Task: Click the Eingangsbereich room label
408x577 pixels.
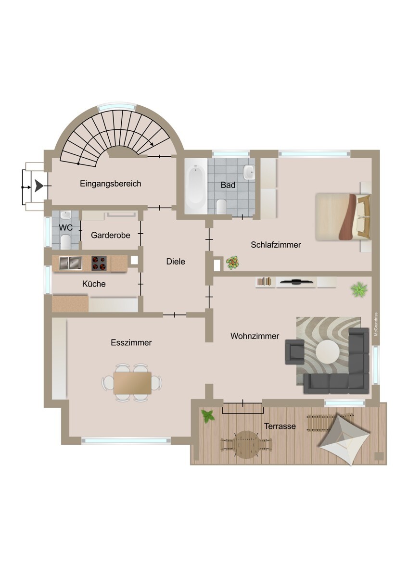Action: tap(110, 184)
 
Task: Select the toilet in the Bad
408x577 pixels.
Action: tap(221, 206)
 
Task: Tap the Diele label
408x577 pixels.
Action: tap(176, 262)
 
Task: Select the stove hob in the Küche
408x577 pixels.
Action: tap(99, 263)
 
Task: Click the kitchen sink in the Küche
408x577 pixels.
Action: tap(70, 263)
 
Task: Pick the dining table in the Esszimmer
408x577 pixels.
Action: tap(132, 383)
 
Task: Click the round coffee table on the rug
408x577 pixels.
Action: tap(327, 352)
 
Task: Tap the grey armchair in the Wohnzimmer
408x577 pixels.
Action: tap(294, 351)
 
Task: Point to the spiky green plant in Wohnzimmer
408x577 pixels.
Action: tap(359, 289)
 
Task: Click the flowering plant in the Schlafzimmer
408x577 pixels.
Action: tap(233, 263)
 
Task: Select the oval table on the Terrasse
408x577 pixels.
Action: tap(246, 442)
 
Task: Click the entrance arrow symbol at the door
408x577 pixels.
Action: tap(38, 186)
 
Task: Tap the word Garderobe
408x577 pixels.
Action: tap(111, 235)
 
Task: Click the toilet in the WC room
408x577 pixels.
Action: tap(67, 240)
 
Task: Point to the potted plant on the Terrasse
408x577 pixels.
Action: tap(208, 415)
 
